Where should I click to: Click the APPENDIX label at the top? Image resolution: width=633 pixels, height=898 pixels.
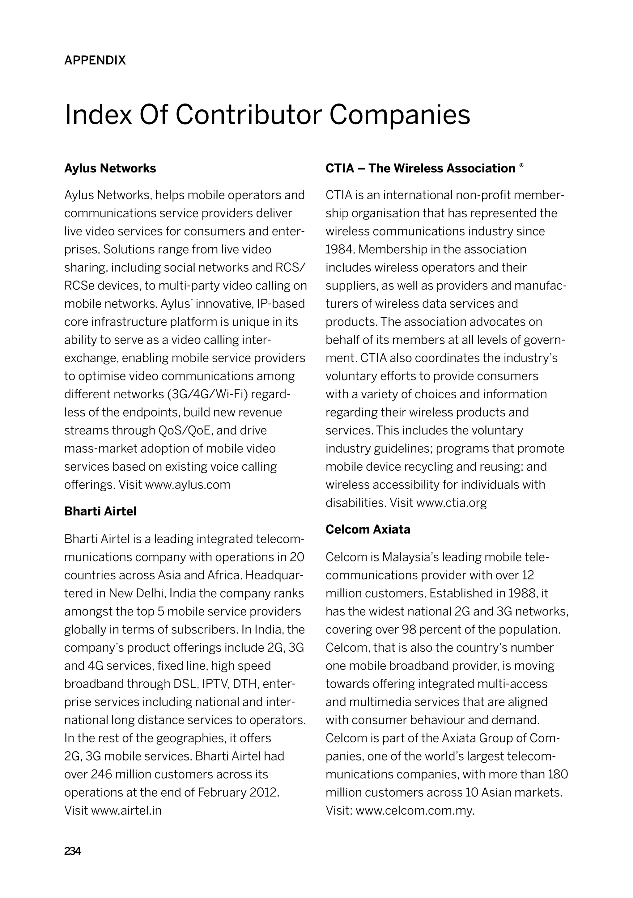pos(95,60)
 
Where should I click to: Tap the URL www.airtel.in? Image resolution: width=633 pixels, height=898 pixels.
pos(126,810)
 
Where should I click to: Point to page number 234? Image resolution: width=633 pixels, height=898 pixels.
pos(72,851)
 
